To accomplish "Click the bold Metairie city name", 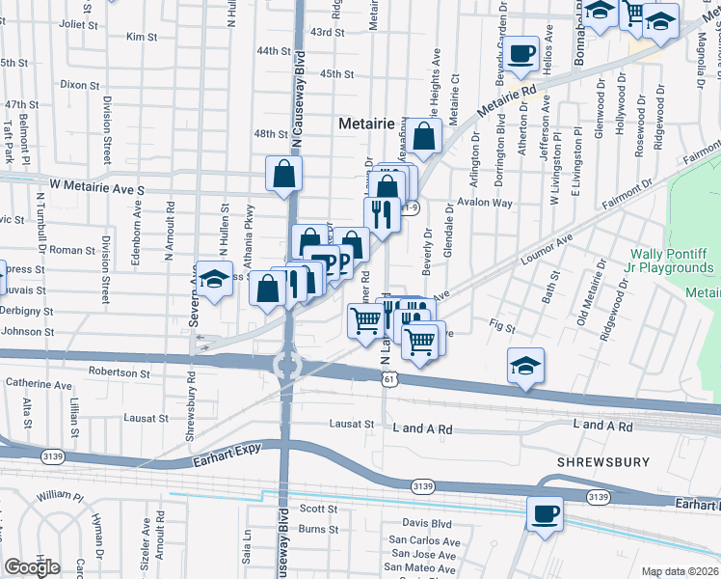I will coord(367,124).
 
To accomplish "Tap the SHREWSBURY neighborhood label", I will coord(602,463).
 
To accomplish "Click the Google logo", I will coord(32,566).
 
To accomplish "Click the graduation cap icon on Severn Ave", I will coord(216,279).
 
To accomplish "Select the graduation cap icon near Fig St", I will coord(525,366).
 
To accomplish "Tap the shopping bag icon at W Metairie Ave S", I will coord(284,175).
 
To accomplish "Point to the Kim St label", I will coord(142,37).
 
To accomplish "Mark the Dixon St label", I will coord(73,84).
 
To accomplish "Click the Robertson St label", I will coord(120,372).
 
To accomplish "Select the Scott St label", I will coord(317,508).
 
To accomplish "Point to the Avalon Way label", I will coord(486,203).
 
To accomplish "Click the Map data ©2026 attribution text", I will coord(681,571).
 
